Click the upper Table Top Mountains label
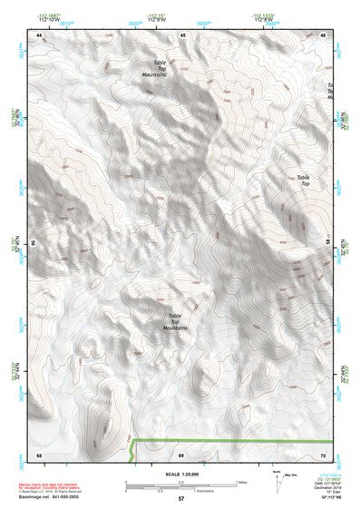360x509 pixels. (154, 68)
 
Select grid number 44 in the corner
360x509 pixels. (40, 34)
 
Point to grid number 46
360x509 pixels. (324, 34)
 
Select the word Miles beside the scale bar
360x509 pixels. (240, 482)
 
